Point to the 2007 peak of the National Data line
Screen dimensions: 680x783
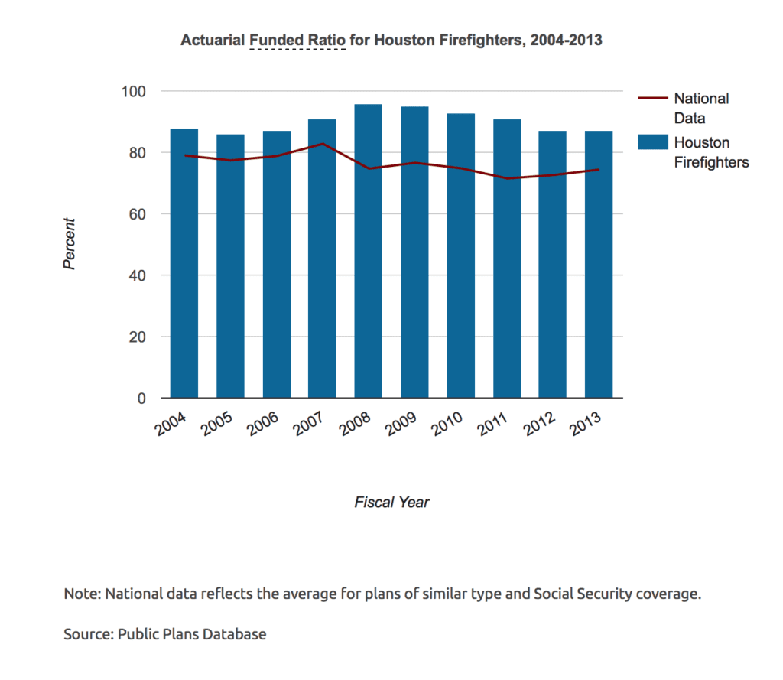click(322, 144)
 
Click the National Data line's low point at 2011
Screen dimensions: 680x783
click(506, 178)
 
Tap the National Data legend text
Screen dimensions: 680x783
click(700, 108)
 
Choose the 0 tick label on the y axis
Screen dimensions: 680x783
click(142, 399)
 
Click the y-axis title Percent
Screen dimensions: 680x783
click(70, 244)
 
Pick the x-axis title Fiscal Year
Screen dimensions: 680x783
click(391, 503)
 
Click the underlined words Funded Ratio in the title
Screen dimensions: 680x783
click(298, 40)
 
